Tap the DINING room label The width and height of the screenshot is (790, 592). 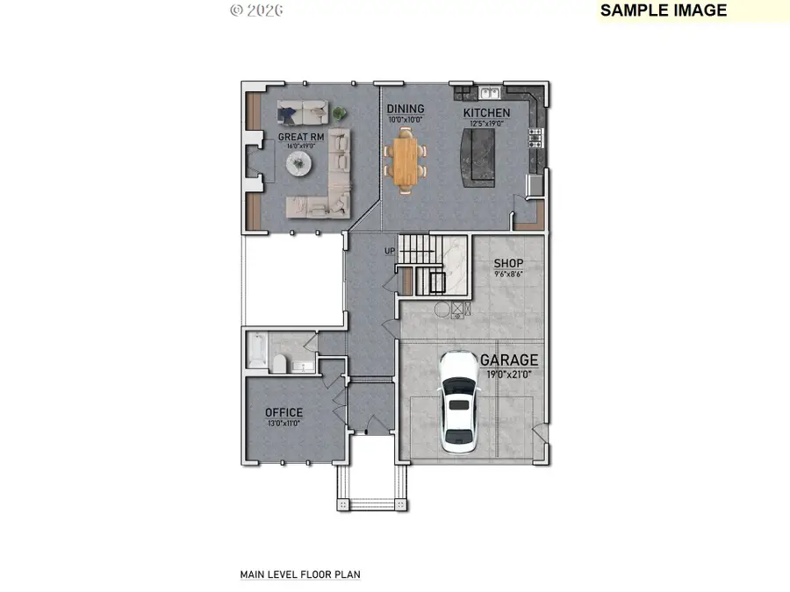pyautogui.click(x=405, y=110)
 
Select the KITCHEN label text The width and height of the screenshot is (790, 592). pyautogui.click(x=486, y=113)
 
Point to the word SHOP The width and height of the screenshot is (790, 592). pyautogui.click(x=508, y=263)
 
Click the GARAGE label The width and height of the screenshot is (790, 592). pyautogui.click(x=509, y=360)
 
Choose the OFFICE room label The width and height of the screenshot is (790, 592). pyautogui.click(x=284, y=412)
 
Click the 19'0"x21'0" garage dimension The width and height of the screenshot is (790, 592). pyautogui.click(x=509, y=374)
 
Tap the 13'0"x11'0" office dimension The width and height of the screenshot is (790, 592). pyautogui.click(x=284, y=423)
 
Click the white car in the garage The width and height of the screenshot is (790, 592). pyautogui.click(x=458, y=401)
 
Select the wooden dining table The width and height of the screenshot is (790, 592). pyautogui.click(x=406, y=159)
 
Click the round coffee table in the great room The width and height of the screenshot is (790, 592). pyautogui.click(x=300, y=163)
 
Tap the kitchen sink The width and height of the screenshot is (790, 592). pyautogui.click(x=490, y=91)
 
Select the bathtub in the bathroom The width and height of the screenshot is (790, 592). pyautogui.click(x=255, y=352)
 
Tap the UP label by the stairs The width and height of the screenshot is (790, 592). pyautogui.click(x=390, y=252)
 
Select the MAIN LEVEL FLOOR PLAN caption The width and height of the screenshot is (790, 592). pyautogui.click(x=300, y=574)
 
